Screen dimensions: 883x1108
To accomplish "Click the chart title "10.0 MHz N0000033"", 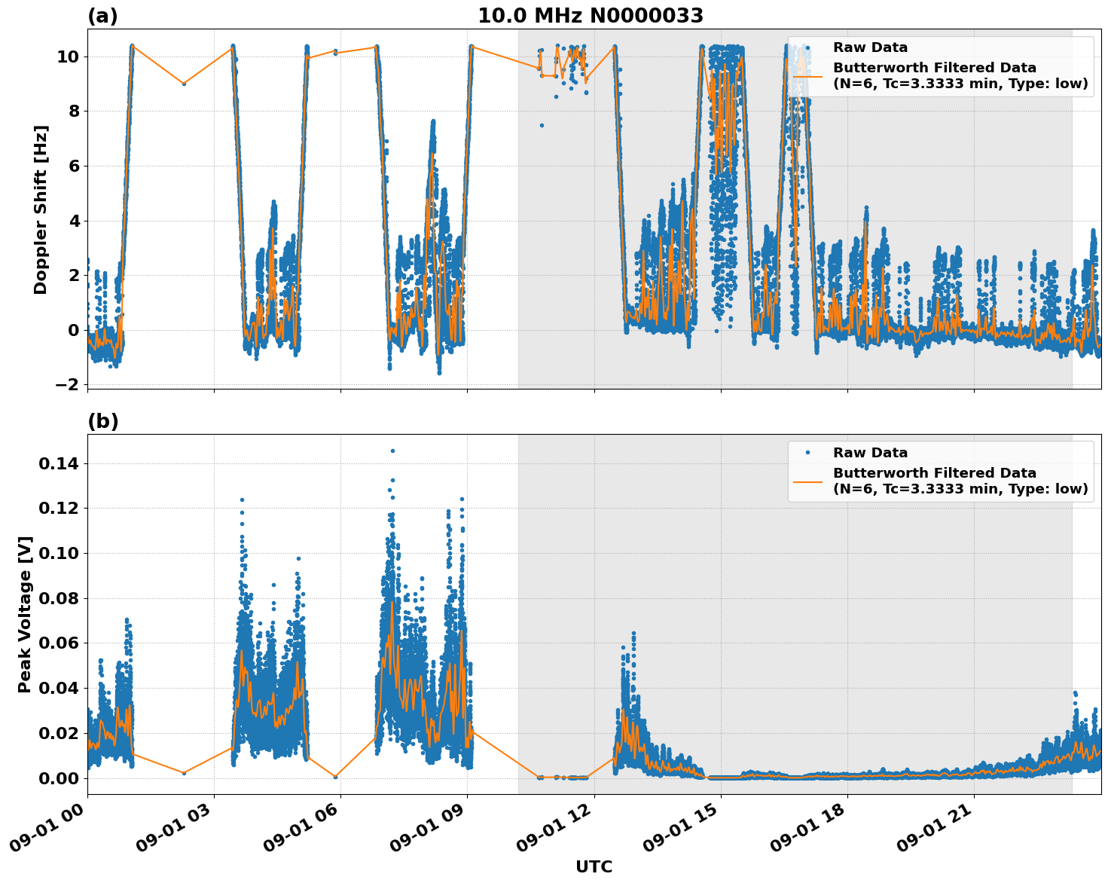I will (591, 16).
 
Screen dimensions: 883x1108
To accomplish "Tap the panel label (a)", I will (102, 16).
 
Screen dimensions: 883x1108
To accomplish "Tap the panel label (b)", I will (102, 421).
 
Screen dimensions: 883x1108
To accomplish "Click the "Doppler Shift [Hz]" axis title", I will (41, 209).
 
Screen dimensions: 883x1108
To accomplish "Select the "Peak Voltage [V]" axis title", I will (25, 614).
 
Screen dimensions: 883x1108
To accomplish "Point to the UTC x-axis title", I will (594, 866).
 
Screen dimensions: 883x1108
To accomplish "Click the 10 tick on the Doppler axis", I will (68, 57).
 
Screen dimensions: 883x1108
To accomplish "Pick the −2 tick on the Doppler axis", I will (66, 385).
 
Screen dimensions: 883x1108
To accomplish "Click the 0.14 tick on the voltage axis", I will (58, 464).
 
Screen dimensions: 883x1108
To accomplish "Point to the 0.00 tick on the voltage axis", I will (58, 778).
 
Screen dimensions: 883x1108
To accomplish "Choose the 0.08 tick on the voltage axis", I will (58, 599).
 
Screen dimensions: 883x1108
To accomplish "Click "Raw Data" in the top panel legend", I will (870, 47).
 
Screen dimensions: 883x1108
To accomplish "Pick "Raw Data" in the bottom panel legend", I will (870, 453).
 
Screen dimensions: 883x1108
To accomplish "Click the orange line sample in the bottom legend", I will (807, 481).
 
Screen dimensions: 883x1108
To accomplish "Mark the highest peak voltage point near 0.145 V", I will (392, 451).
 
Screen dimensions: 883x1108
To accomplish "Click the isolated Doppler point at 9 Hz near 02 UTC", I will (183, 84).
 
